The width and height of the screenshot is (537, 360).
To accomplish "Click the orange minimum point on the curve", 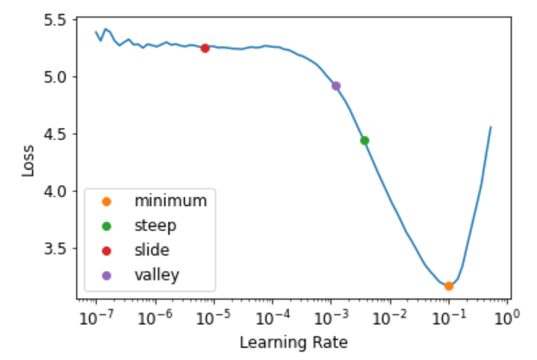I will point(449,286).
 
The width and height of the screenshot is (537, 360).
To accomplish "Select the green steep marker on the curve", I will point(365,140).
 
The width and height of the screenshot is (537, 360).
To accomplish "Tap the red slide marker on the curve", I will point(205,48).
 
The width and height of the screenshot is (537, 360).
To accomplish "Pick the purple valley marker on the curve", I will point(336,86).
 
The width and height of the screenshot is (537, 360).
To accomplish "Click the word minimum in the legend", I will point(170,201).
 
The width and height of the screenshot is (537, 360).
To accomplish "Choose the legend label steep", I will point(156,226).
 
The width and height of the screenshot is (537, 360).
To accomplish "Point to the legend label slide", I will point(152,251).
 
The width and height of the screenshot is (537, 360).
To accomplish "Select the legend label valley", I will point(157,276).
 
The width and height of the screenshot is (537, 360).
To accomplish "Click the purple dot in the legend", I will point(107,276).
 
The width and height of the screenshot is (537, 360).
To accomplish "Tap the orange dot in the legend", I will point(107,201).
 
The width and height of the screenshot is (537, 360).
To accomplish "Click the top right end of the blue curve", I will point(491,127).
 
